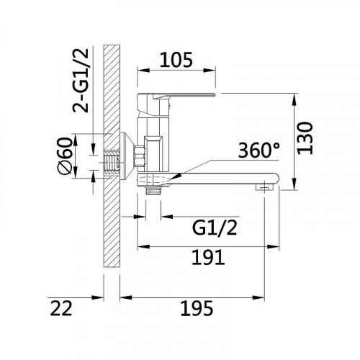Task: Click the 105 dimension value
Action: [176, 60]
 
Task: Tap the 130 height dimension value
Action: [305, 138]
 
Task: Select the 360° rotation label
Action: [259, 150]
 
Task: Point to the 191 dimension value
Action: [208, 257]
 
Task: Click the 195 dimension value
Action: [197, 308]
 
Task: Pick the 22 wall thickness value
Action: [61, 308]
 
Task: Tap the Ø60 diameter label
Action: [65, 156]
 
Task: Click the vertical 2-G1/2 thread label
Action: [81, 81]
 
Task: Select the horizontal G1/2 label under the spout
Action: [215, 228]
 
